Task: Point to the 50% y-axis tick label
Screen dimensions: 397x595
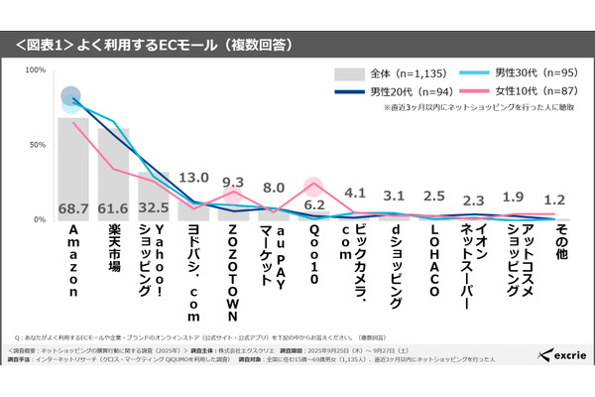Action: tap(37, 145)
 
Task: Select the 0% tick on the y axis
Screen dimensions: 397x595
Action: tap(40, 219)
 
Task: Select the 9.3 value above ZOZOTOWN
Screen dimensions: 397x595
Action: tap(233, 183)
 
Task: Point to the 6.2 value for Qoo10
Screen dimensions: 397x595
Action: tap(314, 204)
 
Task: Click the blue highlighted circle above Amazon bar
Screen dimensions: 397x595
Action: tap(71, 96)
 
